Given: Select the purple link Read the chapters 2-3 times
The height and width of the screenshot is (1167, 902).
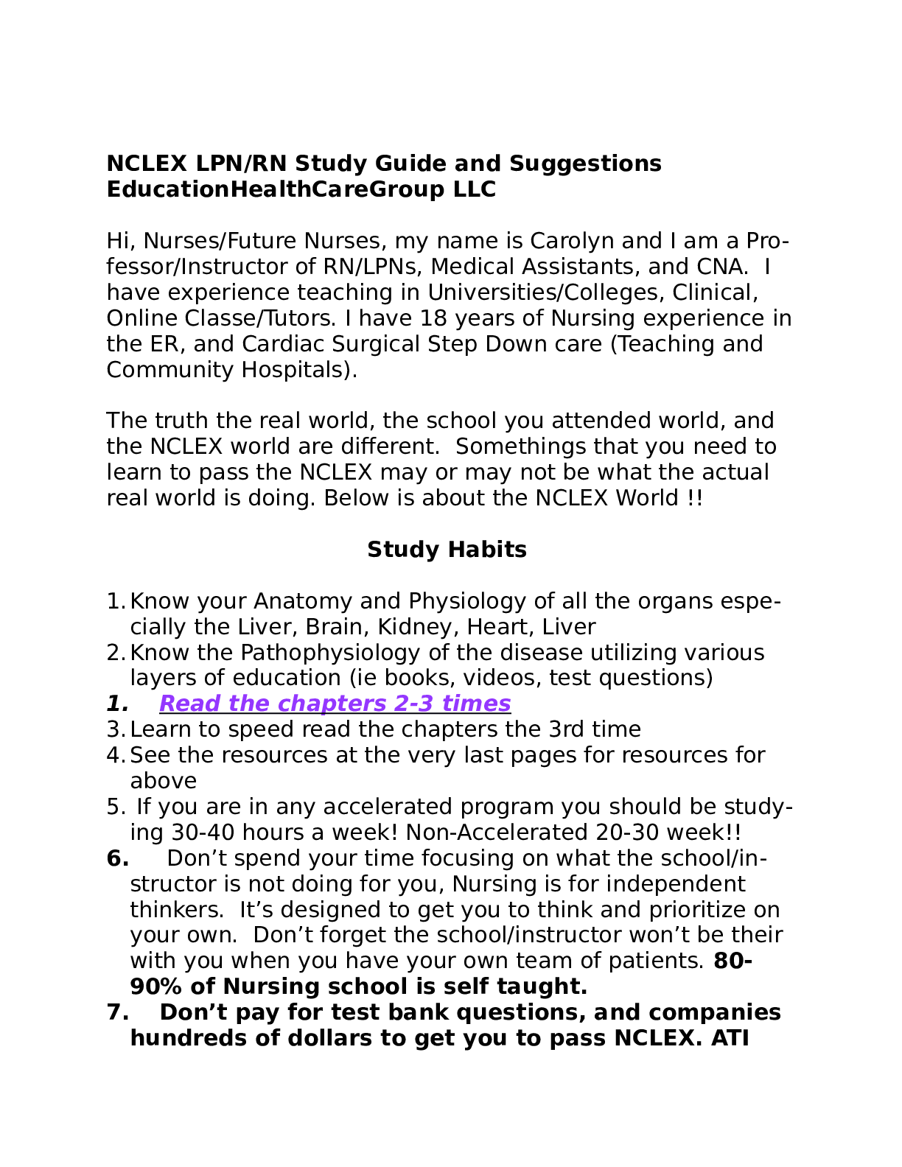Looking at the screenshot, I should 335,704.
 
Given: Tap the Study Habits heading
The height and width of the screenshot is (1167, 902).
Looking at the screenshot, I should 447,550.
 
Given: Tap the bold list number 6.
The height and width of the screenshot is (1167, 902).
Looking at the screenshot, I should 118,858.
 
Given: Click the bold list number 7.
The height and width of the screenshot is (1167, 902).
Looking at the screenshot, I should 118,1012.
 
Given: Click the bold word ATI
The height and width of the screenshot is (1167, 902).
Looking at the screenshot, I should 730,1038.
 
